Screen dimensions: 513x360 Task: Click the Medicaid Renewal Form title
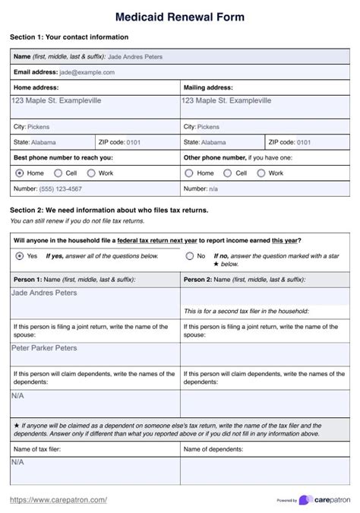[180, 16]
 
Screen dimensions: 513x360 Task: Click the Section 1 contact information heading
[69, 36]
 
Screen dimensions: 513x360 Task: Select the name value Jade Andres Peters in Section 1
[135, 56]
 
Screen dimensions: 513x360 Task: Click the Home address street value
[56, 100]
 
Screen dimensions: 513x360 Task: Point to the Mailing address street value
[226, 100]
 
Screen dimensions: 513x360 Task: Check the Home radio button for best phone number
[19, 173]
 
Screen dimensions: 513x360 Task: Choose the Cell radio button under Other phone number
[225, 173]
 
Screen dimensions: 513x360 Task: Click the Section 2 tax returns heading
[109, 210]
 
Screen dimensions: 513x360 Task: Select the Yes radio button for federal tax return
[19, 256]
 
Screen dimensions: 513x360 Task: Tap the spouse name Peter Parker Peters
[44, 348]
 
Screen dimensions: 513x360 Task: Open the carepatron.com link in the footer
[58, 499]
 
